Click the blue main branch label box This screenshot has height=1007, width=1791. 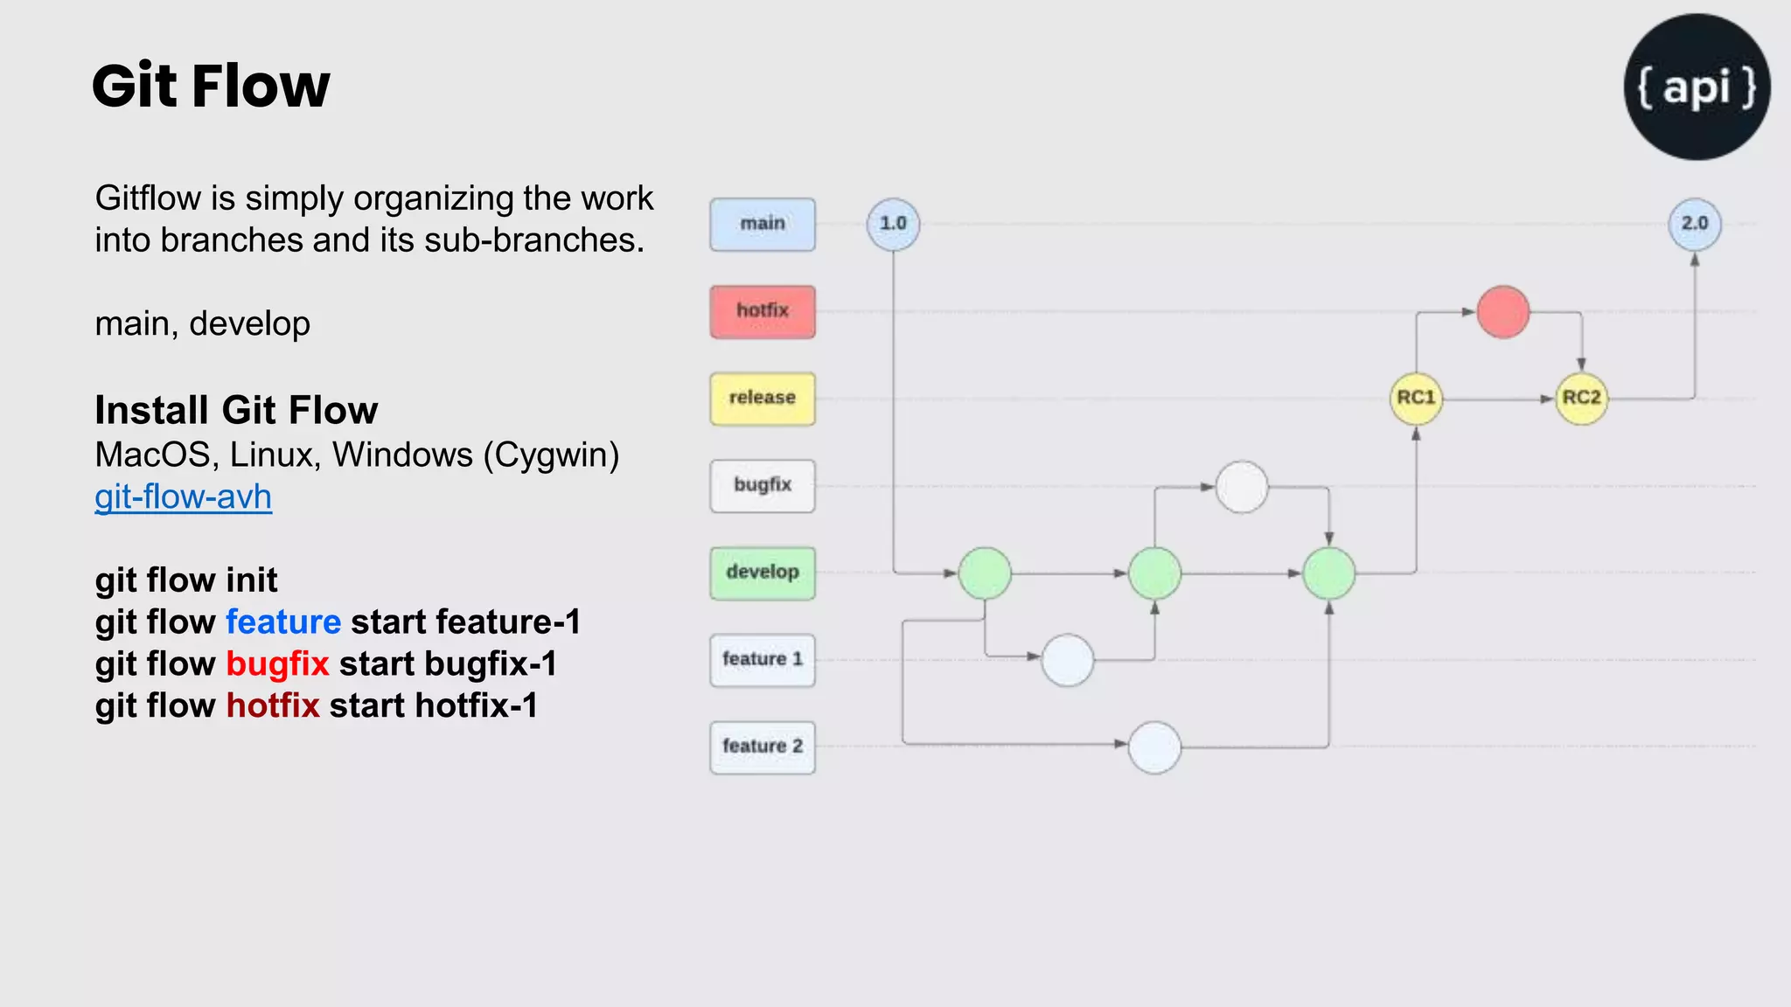pyautogui.click(x=763, y=224)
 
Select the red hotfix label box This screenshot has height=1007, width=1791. pyautogui.click(x=763, y=311)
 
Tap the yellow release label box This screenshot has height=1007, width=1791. pyautogui.click(x=763, y=399)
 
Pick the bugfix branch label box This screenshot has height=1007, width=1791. pyautogui.click(x=763, y=485)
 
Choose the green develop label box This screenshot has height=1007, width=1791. pyautogui.click(x=763, y=573)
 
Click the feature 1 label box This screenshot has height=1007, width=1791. pyautogui.click(x=763, y=660)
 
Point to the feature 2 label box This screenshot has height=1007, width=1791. pyautogui.click(x=763, y=747)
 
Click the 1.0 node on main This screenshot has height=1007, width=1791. pyautogui.click(x=893, y=224)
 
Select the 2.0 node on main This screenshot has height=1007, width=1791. pyautogui.click(x=1695, y=224)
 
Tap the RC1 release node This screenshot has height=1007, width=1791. pyautogui.click(x=1416, y=399)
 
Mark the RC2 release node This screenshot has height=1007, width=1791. pyautogui.click(x=1581, y=399)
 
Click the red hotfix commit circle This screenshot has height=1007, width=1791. pyautogui.click(x=1503, y=312)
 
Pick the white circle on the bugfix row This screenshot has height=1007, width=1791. pyautogui.click(x=1242, y=487)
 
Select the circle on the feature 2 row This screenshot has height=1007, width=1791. pyautogui.click(x=1154, y=747)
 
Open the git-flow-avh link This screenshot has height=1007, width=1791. pyautogui.click(x=184, y=497)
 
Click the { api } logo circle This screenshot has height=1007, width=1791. pyautogui.click(x=1697, y=87)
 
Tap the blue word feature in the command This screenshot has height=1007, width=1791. pyautogui.click(x=283, y=622)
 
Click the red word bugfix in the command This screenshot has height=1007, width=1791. pyautogui.click(x=277, y=664)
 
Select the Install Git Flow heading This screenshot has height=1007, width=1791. pyautogui.click(x=236, y=410)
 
